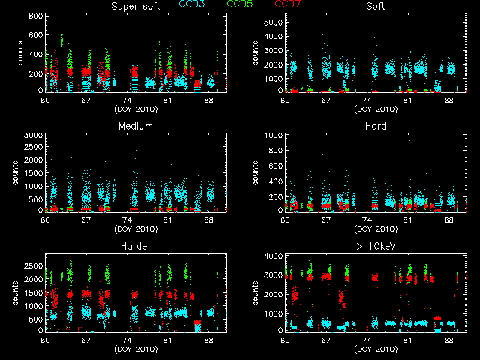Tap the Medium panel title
click(136, 126)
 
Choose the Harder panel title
click(136, 246)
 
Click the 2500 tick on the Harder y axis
click(32, 265)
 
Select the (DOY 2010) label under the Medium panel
click(136, 229)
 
